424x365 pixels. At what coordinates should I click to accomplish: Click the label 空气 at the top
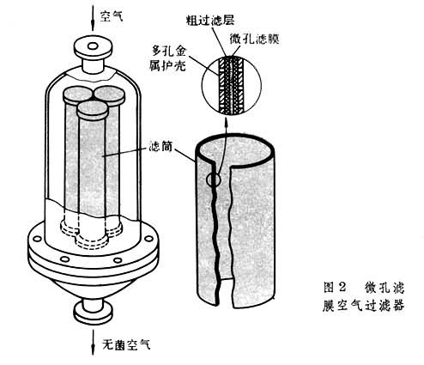(112, 16)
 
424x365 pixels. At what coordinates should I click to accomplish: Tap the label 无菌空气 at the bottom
(126, 344)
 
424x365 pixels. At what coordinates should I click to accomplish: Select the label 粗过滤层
(210, 21)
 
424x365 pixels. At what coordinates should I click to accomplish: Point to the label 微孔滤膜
(255, 39)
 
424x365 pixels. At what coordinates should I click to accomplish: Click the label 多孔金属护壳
(168, 59)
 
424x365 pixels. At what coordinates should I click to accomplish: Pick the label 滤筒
(161, 146)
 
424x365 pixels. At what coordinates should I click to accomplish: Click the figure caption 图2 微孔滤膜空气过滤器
(364, 296)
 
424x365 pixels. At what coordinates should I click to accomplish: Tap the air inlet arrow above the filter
(93, 17)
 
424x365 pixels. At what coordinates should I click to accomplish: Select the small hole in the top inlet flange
(93, 46)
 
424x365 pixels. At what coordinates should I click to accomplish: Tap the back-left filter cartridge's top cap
(78, 95)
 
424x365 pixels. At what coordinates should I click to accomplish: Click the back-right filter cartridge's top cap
(110, 95)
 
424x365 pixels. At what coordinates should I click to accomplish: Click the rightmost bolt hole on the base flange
(148, 238)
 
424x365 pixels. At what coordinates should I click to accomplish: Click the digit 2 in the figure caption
(342, 287)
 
